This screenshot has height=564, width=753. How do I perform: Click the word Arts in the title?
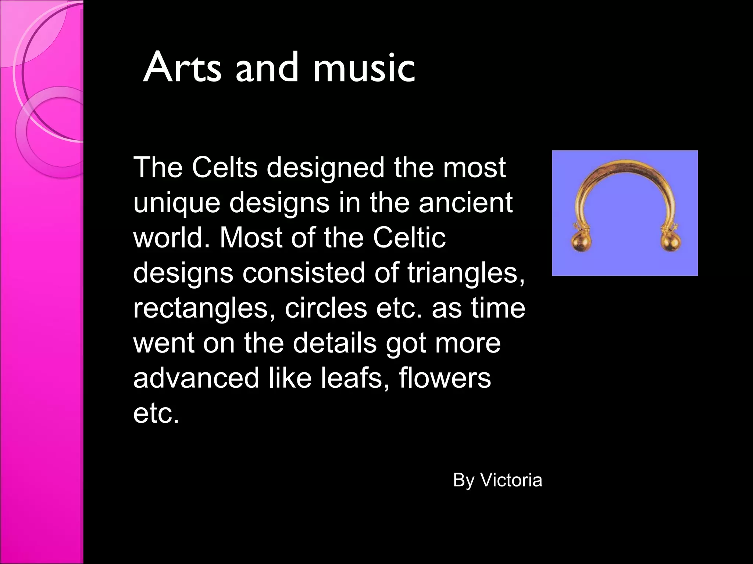click(x=182, y=68)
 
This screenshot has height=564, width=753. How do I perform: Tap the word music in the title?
click(x=364, y=68)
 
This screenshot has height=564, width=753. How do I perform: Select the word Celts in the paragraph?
click(x=224, y=167)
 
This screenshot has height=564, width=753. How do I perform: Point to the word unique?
click(x=176, y=203)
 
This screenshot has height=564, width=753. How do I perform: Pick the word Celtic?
click(x=409, y=238)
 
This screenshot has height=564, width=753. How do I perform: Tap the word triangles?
click(x=466, y=274)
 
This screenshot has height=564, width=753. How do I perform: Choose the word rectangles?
click(x=204, y=309)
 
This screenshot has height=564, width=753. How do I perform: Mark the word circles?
click(x=326, y=308)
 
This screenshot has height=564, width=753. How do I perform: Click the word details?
click(x=335, y=343)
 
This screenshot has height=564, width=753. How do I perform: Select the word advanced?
click(x=196, y=378)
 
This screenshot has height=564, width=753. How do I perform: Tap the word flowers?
click(x=445, y=378)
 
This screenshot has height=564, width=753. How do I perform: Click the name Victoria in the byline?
click(x=511, y=480)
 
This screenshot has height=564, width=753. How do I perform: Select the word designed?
click(x=325, y=168)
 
